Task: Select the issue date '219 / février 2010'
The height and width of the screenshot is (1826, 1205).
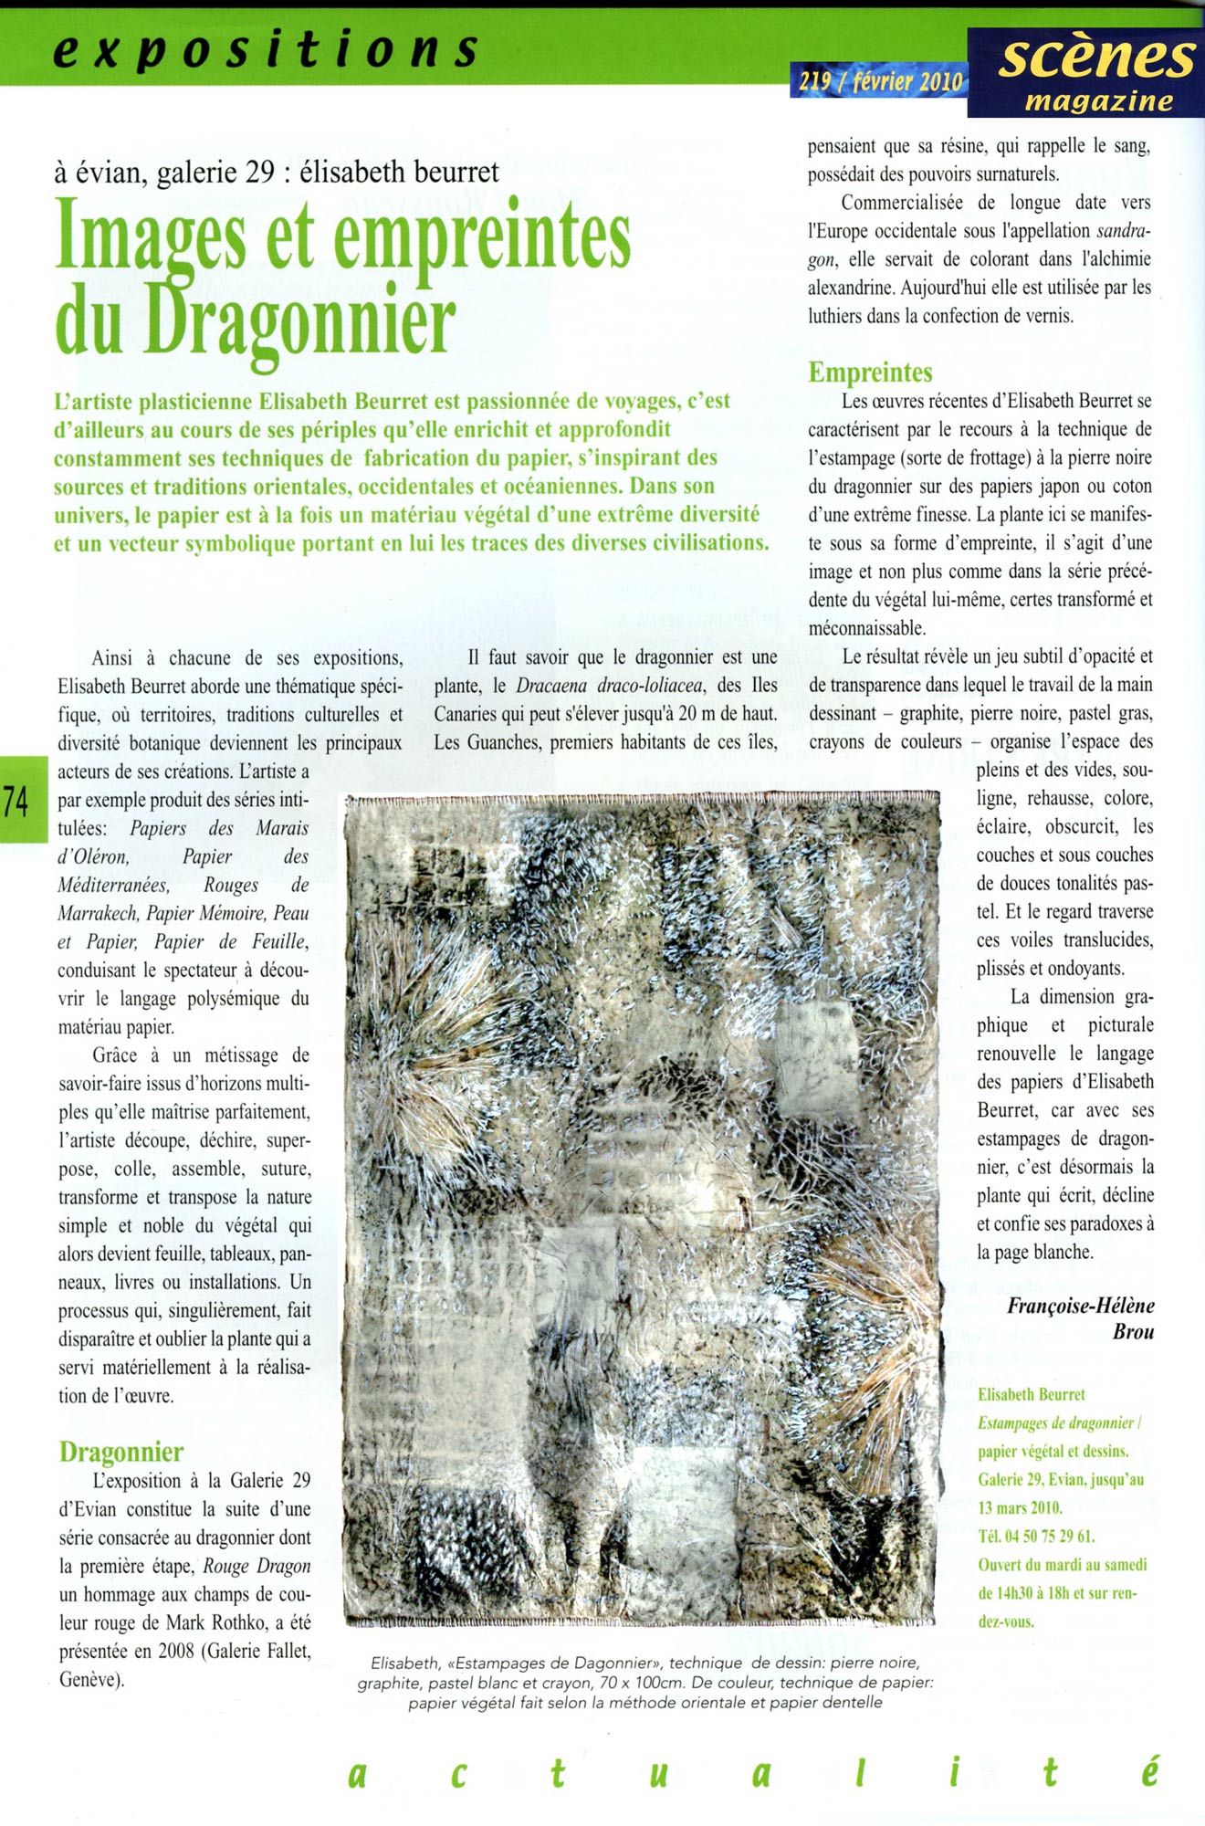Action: click(881, 82)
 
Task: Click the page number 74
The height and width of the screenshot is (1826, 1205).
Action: click(16, 801)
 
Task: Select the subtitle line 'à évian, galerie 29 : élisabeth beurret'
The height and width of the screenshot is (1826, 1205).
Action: click(277, 171)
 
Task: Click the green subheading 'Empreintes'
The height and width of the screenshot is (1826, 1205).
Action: click(870, 373)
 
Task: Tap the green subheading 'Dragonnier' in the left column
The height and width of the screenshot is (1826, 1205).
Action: click(120, 1452)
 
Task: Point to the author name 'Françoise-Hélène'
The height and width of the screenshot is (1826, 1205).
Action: click(1080, 1306)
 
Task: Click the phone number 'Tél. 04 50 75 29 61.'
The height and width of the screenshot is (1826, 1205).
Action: click(1036, 1536)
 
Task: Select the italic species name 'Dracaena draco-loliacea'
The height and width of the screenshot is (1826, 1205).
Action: click(610, 686)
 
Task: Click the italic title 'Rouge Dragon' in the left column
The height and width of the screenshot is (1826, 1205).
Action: click(257, 1567)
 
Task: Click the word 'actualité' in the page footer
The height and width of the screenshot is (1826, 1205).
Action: click(753, 1772)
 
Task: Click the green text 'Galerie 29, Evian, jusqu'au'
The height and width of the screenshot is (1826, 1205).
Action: click(1060, 1479)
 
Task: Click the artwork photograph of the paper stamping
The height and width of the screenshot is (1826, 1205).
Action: click(643, 1210)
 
